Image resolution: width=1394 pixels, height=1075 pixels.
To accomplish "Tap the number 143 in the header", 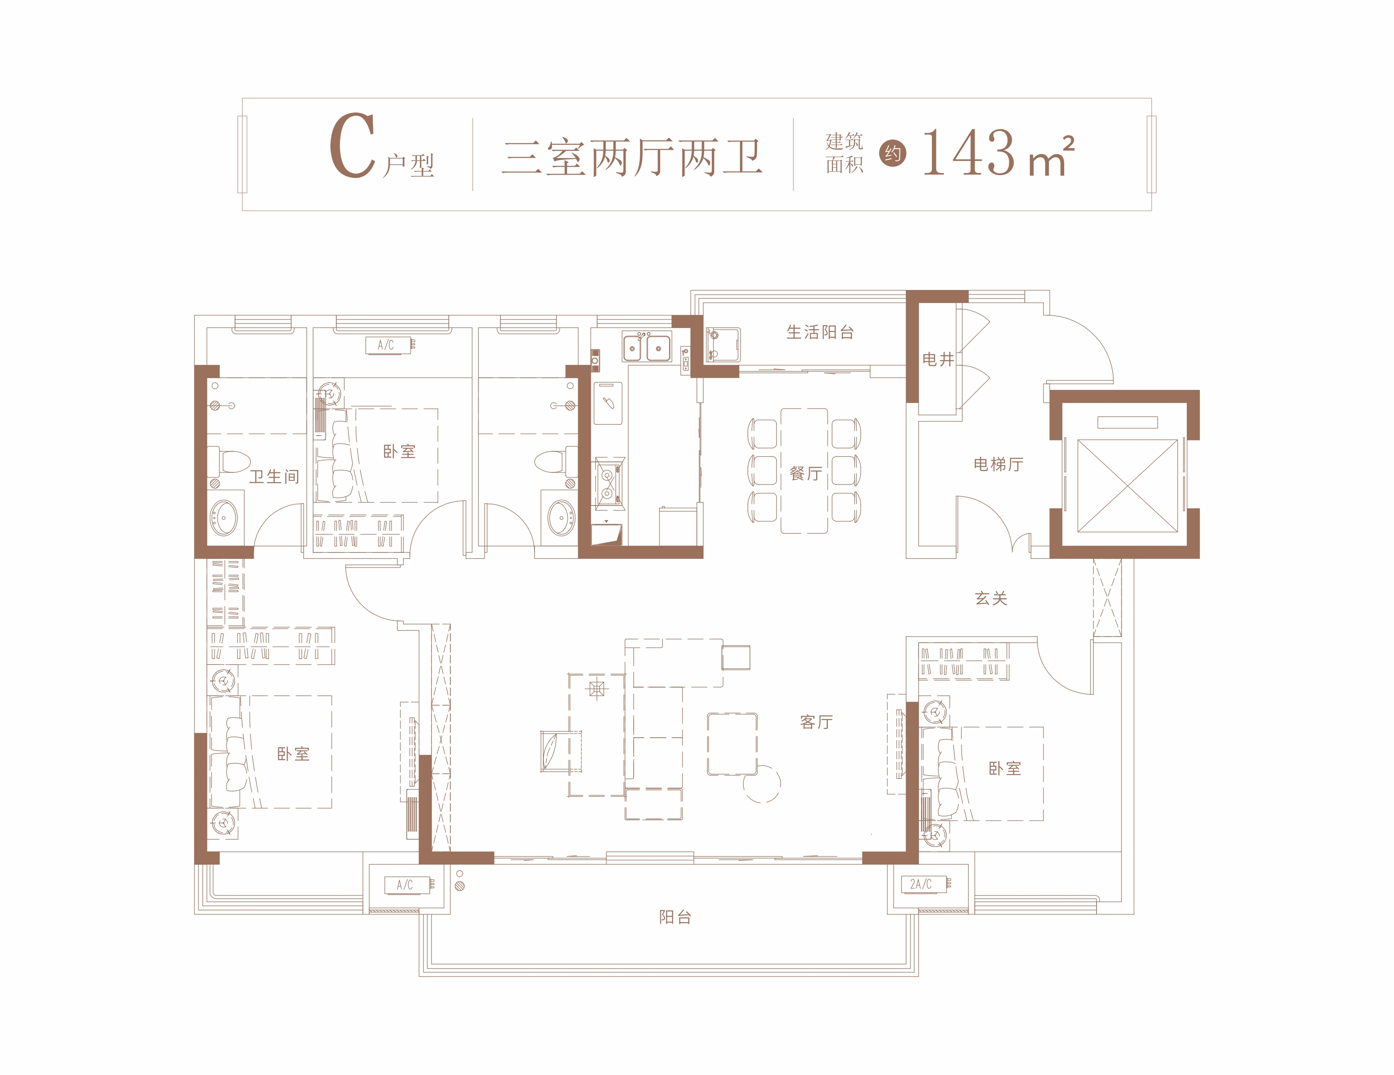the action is coord(968,152).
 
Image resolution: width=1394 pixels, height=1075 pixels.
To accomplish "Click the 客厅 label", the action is coord(816,722).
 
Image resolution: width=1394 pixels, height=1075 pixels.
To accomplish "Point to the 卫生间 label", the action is coord(274,476).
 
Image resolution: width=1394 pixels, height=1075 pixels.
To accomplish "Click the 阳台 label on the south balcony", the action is coord(675,917).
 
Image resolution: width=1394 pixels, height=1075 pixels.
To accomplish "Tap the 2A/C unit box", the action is coord(923,884).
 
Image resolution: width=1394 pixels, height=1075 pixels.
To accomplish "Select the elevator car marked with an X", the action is coord(1128,485).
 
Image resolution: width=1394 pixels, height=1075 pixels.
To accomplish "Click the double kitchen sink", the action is coord(647,348).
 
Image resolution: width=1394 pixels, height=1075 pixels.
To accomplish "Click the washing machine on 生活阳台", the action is coord(723,345).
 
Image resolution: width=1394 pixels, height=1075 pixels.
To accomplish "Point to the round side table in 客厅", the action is coord(762,783).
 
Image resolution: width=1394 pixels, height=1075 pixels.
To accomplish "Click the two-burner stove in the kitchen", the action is coord(608,483).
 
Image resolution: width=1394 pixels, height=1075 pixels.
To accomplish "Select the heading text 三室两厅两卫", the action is coord(632,157).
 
